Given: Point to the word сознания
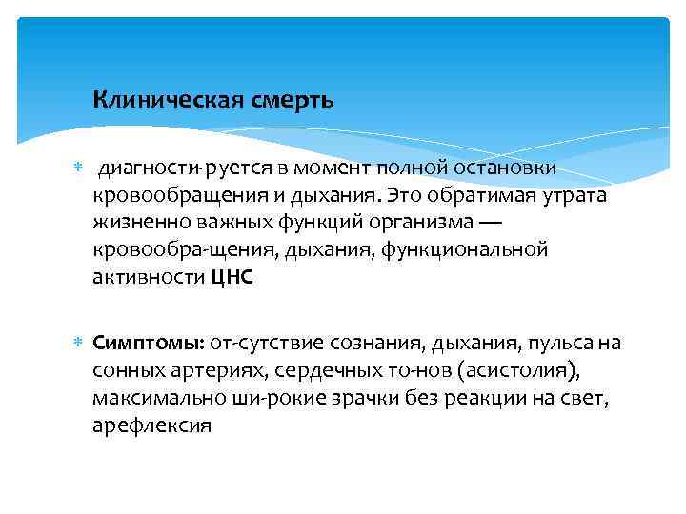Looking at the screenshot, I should tap(379, 343).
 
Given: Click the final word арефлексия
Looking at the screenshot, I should tap(151, 425).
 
